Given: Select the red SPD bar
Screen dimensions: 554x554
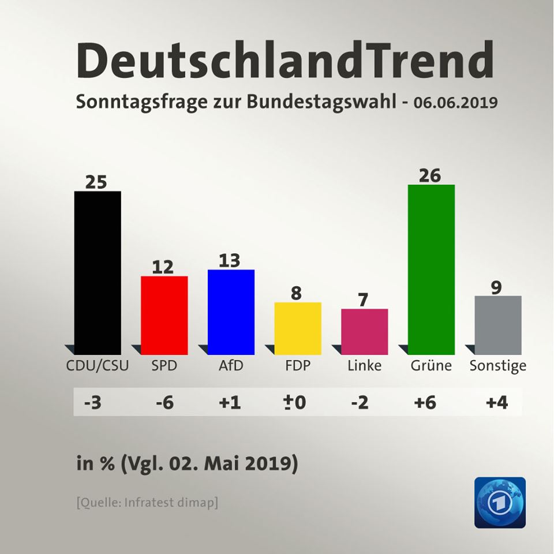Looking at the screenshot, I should tap(164, 315).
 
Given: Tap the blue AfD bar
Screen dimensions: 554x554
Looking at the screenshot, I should tap(231, 312).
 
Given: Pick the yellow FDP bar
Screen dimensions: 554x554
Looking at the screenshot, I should tap(298, 328).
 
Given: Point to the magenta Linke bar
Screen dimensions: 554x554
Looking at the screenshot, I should tap(364, 331).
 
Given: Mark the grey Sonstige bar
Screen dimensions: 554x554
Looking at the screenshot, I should tap(497, 325).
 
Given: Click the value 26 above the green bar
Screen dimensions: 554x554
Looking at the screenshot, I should tap(431, 175).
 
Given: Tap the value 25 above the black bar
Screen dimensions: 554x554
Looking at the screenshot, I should tap(96, 182).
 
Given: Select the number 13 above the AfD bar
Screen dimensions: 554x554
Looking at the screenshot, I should tap(230, 260).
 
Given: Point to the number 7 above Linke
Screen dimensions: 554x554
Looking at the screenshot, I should tap(364, 300).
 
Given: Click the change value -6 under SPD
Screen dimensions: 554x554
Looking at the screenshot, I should tap(165, 402).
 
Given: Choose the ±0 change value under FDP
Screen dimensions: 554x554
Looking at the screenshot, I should tap(295, 402).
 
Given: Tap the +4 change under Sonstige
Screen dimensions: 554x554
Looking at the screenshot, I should tap(497, 402).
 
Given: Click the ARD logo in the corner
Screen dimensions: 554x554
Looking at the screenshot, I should tap(500, 502).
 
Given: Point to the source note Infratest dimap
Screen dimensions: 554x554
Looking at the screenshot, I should tap(147, 502).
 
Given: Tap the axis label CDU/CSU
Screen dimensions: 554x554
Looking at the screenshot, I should tap(98, 365).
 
